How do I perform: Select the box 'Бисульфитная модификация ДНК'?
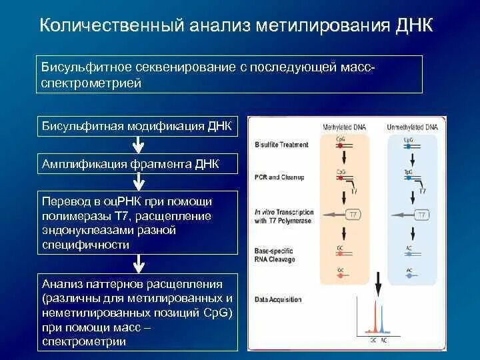138,126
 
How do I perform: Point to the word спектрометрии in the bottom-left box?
83,341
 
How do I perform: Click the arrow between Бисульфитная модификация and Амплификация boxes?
138,145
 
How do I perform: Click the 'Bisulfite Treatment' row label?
281,145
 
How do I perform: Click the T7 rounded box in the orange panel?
354,215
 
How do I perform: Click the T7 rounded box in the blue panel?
421,215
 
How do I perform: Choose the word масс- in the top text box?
361,69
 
